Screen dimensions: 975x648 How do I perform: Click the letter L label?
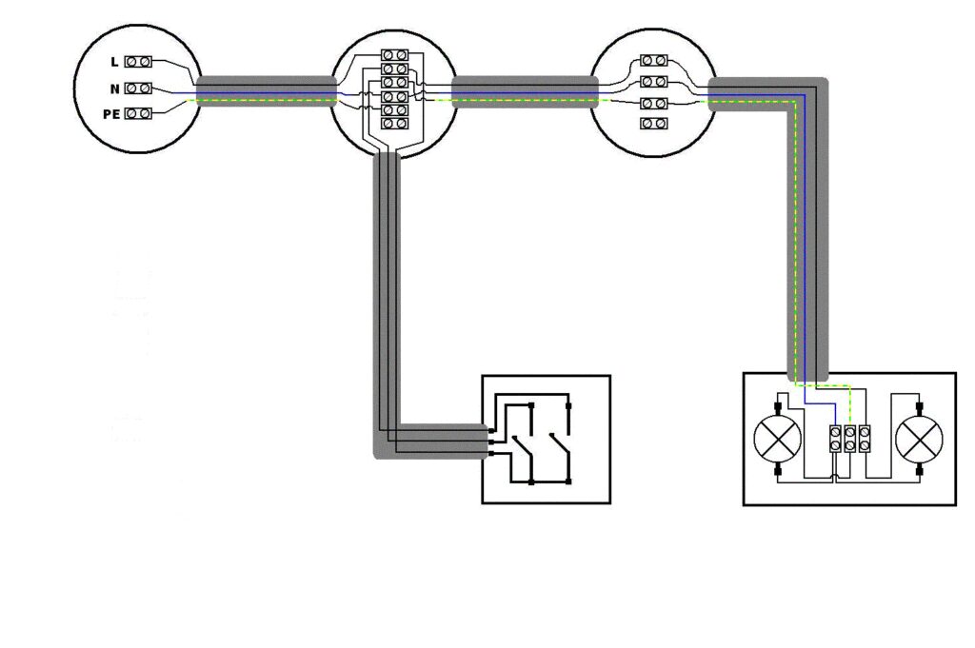(x=114, y=62)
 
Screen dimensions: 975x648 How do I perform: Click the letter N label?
(x=114, y=88)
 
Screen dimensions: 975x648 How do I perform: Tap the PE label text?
(x=111, y=114)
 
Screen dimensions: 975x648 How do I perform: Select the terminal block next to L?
(x=138, y=62)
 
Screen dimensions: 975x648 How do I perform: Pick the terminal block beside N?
(x=138, y=88)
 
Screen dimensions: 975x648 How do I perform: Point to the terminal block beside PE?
(x=138, y=113)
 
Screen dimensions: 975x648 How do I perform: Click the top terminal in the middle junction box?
(x=394, y=55)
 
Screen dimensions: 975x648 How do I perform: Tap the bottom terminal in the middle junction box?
(x=394, y=124)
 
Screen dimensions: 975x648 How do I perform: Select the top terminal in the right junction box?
(x=653, y=60)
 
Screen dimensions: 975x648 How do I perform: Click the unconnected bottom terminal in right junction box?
(x=653, y=123)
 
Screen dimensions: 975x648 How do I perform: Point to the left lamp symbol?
(x=777, y=439)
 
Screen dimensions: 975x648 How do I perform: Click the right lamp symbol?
(x=919, y=439)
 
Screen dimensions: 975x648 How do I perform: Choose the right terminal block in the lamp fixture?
(x=865, y=439)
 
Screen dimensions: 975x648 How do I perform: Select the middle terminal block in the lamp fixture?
(x=850, y=439)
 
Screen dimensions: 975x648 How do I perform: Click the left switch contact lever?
(x=523, y=447)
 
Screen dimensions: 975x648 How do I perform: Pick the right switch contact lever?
(x=560, y=447)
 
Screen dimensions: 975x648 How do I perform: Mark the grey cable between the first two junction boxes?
(x=267, y=92)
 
